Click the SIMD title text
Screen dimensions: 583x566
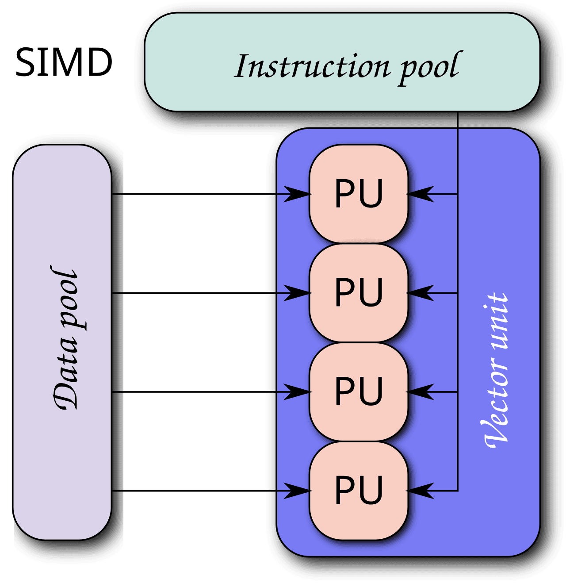[x=64, y=63]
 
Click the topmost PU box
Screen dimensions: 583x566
[x=358, y=194]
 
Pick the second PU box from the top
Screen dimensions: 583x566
[x=358, y=293]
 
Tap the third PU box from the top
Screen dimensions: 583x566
[x=358, y=392]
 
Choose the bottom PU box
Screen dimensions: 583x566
[x=358, y=491]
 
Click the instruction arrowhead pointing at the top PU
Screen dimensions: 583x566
[x=420, y=194]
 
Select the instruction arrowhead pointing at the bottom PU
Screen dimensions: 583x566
[x=420, y=491]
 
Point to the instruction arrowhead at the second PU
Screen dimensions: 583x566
[x=420, y=293]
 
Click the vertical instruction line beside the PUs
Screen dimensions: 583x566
[x=458, y=341]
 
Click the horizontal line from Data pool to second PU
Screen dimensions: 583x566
[x=195, y=293]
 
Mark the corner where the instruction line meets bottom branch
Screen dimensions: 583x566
[x=458, y=491]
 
